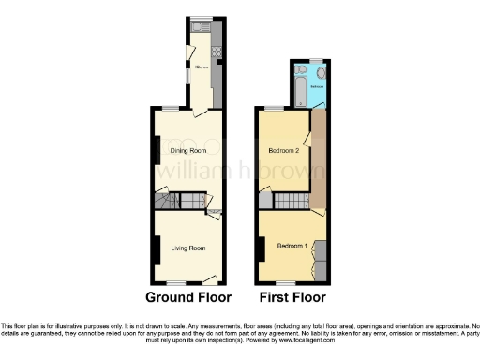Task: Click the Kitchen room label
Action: click(x=201, y=67)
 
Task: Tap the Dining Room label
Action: click(x=187, y=150)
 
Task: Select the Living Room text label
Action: click(x=187, y=247)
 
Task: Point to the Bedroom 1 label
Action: click(x=292, y=247)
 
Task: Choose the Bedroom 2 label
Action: click(x=283, y=150)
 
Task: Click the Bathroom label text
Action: click(x=317, y=86)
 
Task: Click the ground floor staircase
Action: click(x=191, y=202)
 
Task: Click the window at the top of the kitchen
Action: click(x=199, y=19)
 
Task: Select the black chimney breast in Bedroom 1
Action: click(x=259, y=247)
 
